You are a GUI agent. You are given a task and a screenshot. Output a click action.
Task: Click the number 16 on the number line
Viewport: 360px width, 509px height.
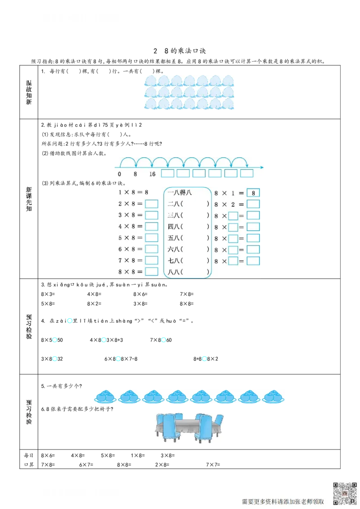tap(152, 174)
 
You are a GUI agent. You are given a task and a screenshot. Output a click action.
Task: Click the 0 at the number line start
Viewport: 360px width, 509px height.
tap(119, 174)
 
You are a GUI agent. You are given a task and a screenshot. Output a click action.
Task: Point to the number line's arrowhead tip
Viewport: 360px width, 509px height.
tap(264, 167)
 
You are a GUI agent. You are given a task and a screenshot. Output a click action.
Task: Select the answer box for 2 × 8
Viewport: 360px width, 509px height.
tap(152, 204)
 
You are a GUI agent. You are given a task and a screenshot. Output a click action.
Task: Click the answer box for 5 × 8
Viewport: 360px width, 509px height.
tap(152, 238)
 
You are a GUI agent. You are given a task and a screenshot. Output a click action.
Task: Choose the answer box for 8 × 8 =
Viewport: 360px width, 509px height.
tap(152, 272)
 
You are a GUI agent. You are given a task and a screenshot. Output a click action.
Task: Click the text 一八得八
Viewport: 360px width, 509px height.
tap(180, 192)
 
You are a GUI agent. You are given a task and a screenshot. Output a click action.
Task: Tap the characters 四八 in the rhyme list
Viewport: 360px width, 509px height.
tap(174, 227)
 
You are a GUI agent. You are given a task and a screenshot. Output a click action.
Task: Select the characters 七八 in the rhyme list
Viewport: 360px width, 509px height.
tap(174, 260)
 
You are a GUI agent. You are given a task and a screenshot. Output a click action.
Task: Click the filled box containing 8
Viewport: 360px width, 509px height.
tap(253, 193)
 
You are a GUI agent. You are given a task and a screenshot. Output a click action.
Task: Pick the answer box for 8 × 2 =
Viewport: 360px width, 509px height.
tap(253, 204)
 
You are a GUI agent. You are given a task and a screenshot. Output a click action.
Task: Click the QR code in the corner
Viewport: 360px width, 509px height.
tap(345, 493)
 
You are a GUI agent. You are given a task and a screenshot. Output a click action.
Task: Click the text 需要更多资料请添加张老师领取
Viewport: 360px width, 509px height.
tap(283, 501)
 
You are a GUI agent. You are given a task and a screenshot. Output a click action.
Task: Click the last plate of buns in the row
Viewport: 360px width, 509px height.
tap(273, 397)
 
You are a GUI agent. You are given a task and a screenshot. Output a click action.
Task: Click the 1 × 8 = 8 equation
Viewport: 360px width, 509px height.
tap(133, 192)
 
